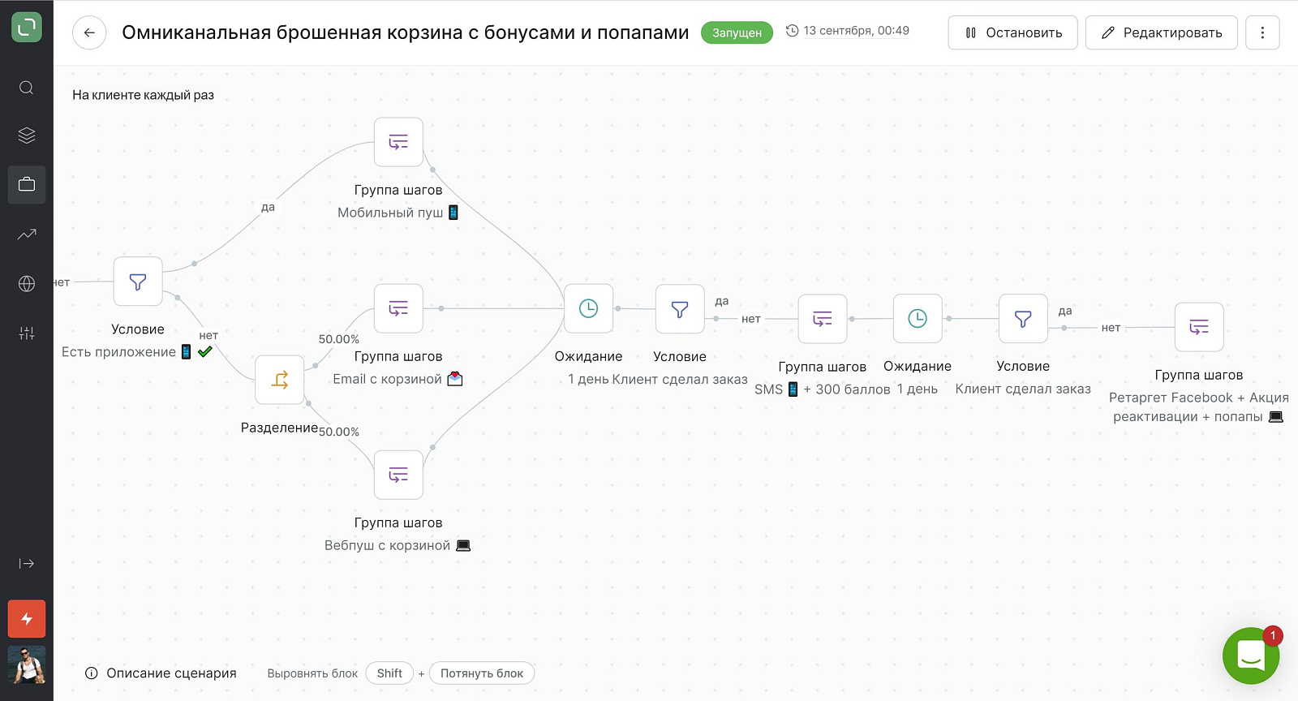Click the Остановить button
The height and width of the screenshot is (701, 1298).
pos(1012,32)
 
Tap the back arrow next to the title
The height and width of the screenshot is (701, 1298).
pos(89,32)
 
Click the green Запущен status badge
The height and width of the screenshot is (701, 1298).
pos(737,32)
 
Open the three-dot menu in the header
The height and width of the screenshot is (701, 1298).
pos(1262,32)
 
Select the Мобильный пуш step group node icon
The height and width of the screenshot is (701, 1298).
pos(398,142)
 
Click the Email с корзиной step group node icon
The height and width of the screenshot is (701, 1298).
pos(398,308)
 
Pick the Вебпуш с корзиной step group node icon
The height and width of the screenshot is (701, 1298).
pos(398,475)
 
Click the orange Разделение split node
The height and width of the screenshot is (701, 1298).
pos(279,380)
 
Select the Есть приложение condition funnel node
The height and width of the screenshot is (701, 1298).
pos(138,282)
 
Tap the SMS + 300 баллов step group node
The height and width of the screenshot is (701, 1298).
pos(823,319)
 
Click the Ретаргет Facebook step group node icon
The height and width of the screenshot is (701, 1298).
pos(1199,327)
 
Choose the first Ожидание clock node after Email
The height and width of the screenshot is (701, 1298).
pos(588,308)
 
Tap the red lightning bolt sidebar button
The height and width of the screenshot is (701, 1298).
pos(27,619)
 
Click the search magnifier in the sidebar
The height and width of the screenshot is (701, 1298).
pos(27,88)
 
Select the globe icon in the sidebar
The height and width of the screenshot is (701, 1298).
pos(27,283)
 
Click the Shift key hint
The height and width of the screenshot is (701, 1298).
pos(389,673)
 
